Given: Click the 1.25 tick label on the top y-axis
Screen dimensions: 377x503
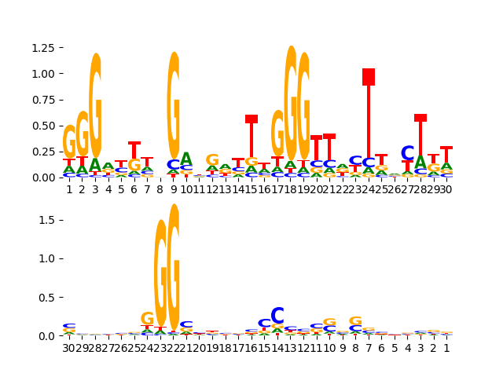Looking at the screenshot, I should click(42, 48).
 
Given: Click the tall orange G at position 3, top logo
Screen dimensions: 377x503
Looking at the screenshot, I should click(95, 106).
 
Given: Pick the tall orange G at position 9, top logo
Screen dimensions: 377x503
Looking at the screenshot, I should click(173, 106).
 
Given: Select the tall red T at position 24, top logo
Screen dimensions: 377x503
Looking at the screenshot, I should click(369, 77).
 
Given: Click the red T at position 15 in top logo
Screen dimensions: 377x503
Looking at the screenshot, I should click(251, 119).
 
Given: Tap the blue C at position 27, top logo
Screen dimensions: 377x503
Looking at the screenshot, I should click(407, 154).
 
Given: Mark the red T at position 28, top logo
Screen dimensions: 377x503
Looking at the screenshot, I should click(420, 118).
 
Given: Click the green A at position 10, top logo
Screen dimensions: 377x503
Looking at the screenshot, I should click(186, 159).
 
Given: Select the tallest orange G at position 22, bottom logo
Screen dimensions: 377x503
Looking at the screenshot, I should click(174, 267).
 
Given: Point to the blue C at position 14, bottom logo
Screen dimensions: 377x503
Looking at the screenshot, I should click(277, 316).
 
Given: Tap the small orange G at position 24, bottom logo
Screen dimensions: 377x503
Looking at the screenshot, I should click(147, 319).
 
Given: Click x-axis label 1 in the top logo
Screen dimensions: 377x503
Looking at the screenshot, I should click(69, 189).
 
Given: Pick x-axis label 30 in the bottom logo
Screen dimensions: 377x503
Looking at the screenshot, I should click(69, 348).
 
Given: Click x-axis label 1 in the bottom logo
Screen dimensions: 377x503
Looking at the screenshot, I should click(446, 348).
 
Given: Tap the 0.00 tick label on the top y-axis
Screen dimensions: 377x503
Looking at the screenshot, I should click(42, 178).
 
